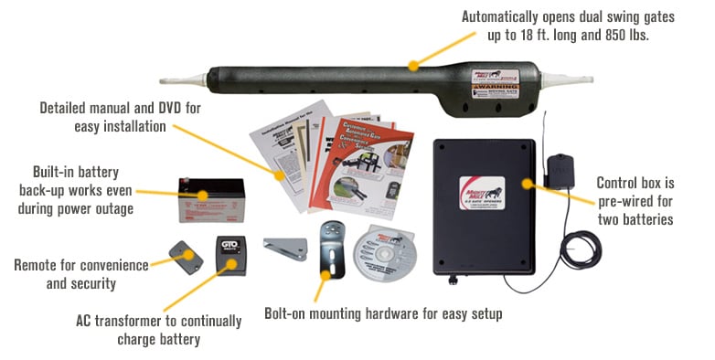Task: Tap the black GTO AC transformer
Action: click(231, 251)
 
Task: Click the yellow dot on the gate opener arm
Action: click(413, 64)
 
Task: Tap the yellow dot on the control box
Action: click(527, 183)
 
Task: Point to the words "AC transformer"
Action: click(118, 322)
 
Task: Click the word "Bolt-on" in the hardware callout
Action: click(287, 313)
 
